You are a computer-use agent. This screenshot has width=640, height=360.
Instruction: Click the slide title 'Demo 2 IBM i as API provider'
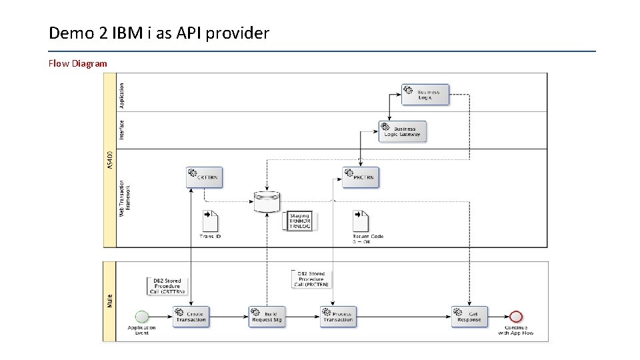pos(159,33)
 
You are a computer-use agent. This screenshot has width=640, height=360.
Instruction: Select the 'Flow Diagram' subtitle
pos(77,64)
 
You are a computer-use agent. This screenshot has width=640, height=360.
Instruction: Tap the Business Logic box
pos(425,95)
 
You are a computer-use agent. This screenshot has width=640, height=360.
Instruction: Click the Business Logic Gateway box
pos(402,131)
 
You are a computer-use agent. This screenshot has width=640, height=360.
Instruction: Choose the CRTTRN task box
pos(204,177)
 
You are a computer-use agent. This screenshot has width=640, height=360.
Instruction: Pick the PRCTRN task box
pos(361,177)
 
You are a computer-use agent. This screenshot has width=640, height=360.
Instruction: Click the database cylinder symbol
pos(267,201)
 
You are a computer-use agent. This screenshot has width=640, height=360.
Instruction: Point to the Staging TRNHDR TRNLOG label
pos(300,221)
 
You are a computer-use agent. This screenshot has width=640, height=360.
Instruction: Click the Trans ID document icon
pos(211,221)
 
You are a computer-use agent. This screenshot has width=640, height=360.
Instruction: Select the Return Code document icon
pos(361,221)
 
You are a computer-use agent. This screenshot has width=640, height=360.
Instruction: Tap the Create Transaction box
pos(191,317)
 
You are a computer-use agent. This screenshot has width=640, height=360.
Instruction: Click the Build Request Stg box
pos(267,317)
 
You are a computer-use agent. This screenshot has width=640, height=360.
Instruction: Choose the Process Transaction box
pos(338,317)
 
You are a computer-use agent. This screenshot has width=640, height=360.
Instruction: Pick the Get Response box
pos(469,317)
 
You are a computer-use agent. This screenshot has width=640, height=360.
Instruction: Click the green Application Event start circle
pos(141,316)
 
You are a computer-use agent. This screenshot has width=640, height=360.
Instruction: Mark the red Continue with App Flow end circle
pos(516,316)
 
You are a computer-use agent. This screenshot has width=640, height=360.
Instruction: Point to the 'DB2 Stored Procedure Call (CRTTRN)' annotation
pos(167,286)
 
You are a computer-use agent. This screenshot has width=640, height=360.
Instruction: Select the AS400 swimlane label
pos(110,159)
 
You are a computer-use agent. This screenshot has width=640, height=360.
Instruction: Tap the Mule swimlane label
pos(110,301)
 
